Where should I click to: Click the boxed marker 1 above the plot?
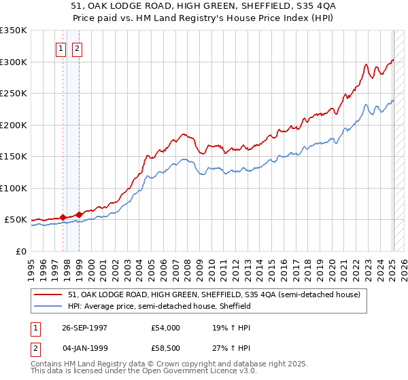[x=61, y=48]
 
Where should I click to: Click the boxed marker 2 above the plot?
[x=77, y=48]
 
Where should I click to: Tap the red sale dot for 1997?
[x=63, y=217]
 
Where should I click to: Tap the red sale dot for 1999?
[x=79, y=214]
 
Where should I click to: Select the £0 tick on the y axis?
[x=20, y=251]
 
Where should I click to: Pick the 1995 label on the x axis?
[x=31, y=268]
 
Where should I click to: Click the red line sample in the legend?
[x=49, y=294]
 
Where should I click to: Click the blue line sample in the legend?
[x=49, y=306]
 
